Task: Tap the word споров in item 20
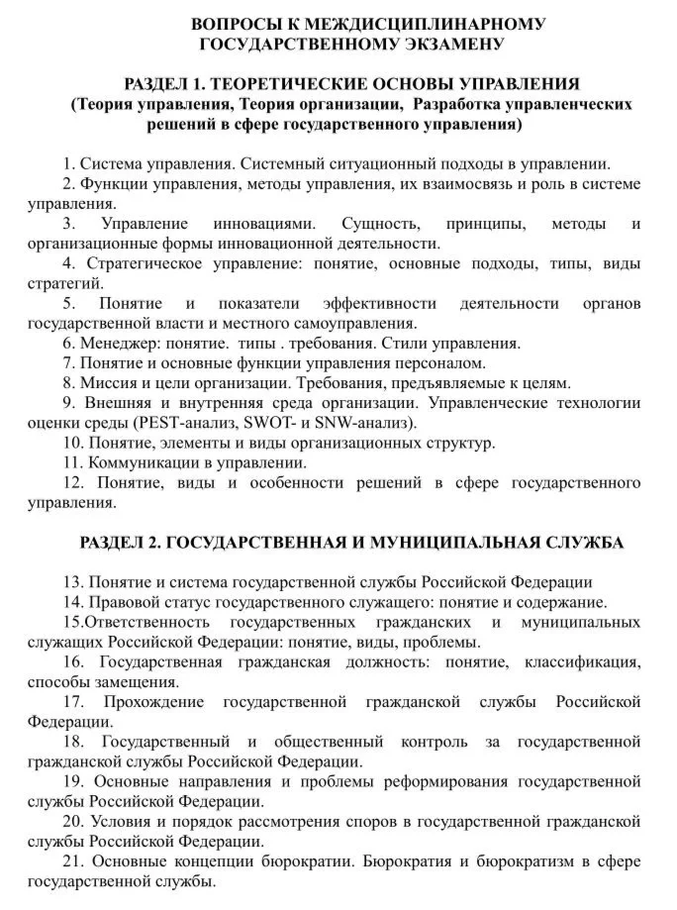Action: [343, 822]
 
